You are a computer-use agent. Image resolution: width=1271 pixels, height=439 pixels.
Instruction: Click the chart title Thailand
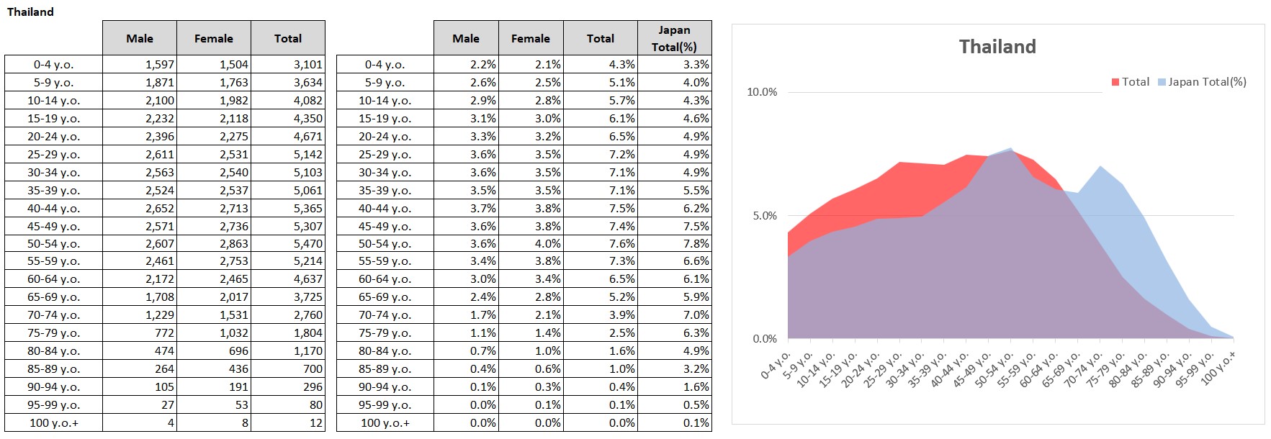tap(997, 47)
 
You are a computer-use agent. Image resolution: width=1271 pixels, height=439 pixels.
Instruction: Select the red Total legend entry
tap(1131, 82)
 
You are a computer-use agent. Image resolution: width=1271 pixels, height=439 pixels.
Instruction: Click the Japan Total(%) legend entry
tap(1202, 82)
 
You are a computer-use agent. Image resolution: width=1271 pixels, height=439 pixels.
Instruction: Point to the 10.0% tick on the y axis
tap(762, 92)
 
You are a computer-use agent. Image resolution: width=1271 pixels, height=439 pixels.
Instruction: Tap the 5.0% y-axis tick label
tap(765, 216)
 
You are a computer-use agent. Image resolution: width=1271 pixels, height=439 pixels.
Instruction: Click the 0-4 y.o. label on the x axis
tap(776, 366)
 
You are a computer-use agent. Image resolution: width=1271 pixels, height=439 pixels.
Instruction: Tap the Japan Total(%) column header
tap(674, 38)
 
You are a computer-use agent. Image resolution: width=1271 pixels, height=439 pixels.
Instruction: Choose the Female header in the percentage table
tap(531, 39)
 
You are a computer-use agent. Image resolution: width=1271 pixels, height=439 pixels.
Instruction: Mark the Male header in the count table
tap(140, 39)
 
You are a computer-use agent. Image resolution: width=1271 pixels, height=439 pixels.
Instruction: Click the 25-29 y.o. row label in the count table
tap(53, 155)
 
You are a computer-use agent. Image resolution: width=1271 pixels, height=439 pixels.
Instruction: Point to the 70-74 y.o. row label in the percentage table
tap(385, 315)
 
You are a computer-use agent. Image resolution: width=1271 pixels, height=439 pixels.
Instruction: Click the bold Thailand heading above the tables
tap(30, 12)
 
